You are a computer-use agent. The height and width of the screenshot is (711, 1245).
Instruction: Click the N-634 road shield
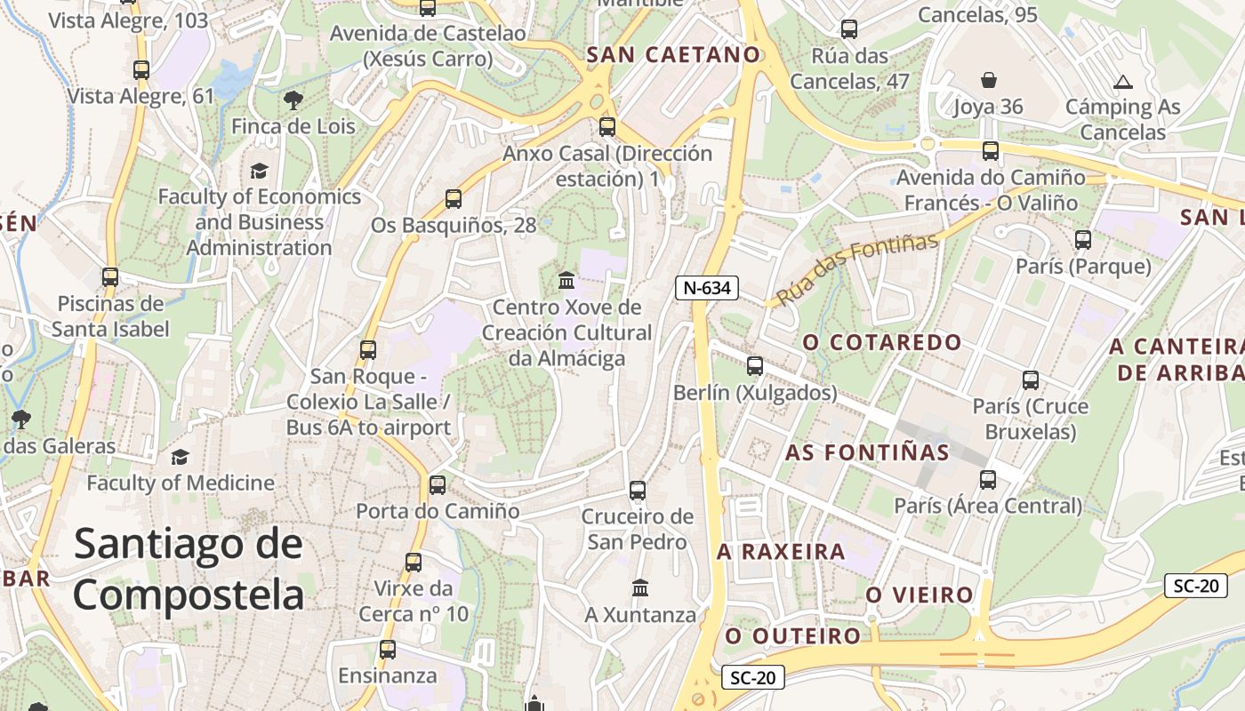pos(707,288)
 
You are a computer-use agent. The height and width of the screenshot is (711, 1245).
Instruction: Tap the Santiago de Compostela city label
pos(189,569)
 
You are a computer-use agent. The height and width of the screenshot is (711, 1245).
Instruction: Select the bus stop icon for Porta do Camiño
pos(438,485)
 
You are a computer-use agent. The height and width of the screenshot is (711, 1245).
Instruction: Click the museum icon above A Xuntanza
pos(640,587)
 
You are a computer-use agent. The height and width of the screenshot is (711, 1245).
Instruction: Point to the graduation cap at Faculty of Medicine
pos(181,457)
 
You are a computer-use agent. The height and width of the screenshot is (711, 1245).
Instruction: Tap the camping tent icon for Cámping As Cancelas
pos(1123,83)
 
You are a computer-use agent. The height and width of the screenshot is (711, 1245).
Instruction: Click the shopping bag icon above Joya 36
pos(988,80)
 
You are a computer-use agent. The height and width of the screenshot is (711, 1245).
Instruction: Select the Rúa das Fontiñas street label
pos(857,269)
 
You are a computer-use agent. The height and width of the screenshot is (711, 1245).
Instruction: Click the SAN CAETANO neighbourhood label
pos(674,55)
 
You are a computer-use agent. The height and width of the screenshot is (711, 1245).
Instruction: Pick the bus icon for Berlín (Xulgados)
pos(755,365)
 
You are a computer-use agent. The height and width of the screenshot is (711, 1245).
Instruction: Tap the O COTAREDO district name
pos(882,342)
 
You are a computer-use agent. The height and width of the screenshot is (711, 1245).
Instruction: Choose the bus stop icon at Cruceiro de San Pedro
pos(637,490)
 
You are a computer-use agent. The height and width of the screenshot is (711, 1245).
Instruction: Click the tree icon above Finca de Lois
pos(293,100)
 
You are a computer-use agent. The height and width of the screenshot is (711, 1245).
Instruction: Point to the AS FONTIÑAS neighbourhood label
pos(867,452)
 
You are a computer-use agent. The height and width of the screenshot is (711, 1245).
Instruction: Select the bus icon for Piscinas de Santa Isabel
pos(110,277)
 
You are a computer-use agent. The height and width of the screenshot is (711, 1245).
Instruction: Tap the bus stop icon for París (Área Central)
pos(988,480)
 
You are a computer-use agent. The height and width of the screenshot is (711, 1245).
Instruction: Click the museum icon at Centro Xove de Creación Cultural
pos(566,281)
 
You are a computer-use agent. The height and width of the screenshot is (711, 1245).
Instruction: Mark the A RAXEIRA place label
pos(781,552)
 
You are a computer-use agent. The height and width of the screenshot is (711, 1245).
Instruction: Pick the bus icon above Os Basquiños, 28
pos(454,199)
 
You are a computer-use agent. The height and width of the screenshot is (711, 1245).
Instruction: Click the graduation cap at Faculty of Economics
pos(259,171)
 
